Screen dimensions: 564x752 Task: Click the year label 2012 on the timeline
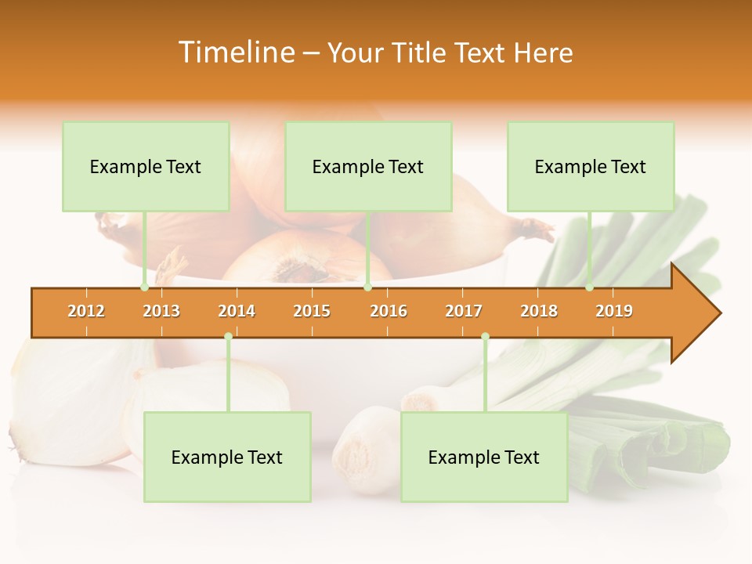(86, 311)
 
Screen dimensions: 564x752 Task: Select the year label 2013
(161, 311)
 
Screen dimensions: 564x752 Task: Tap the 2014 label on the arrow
(237, 311)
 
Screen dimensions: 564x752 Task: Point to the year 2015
(312, 311)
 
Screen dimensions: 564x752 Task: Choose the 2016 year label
(389, 311)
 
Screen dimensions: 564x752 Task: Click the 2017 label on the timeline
(464, 311)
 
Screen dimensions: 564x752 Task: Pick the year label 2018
(539, 311)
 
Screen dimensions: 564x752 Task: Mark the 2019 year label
(614, 311)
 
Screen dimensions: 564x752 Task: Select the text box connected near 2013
(146, 167)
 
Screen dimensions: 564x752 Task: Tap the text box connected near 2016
(368, 167)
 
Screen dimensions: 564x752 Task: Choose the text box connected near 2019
(591, 167)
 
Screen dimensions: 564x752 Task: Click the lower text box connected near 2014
(227, 457)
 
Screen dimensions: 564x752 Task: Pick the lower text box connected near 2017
(484, 457)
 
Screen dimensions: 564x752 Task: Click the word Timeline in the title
(236, 52)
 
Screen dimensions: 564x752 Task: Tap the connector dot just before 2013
(144, 287)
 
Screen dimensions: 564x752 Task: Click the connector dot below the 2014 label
(228, 337)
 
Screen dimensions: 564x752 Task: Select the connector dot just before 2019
(589, 287)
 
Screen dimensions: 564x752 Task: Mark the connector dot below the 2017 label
(485, 337)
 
